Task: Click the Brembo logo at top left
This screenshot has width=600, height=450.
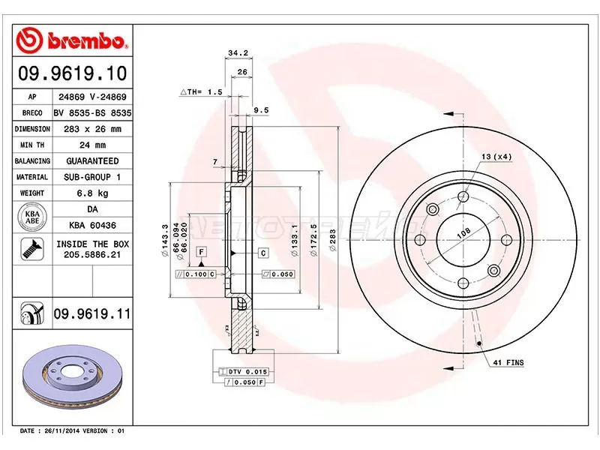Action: [x=73, y=38]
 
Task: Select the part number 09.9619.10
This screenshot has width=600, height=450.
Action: [x=72, y=74]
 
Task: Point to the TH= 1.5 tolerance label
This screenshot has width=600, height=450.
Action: [x=202, y=91]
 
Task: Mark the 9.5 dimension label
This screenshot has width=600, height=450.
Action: [x=261, y=109]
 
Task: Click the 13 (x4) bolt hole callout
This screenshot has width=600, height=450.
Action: [x=496, y=156]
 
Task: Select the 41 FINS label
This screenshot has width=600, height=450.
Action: [x=508, y=363]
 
